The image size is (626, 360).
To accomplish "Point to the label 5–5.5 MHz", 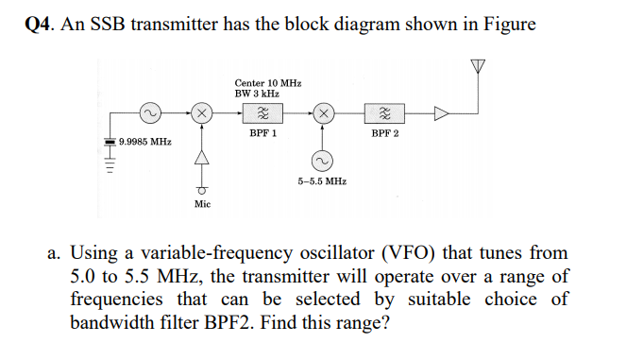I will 322,180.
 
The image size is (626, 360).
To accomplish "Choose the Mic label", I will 201,203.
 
